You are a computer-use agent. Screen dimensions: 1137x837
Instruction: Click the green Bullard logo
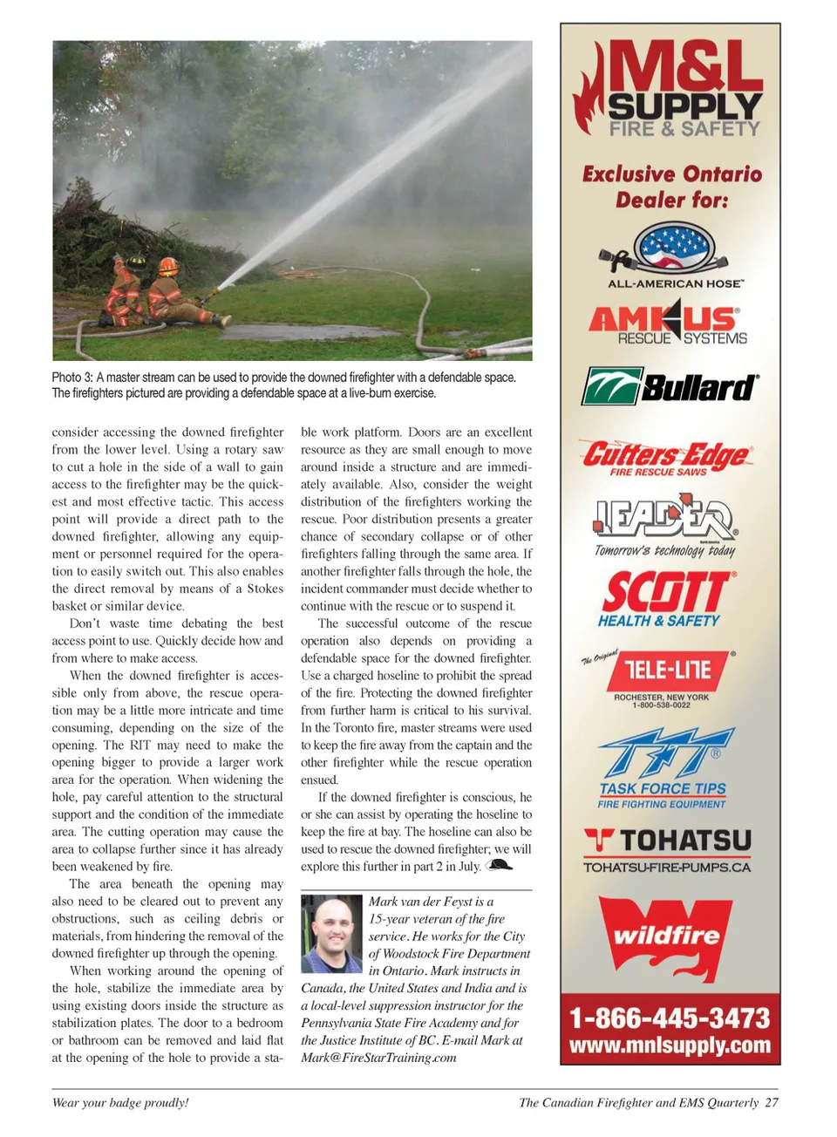670,386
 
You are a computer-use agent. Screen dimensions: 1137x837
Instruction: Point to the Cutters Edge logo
666,457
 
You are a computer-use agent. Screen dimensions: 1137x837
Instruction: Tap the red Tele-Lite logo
667,671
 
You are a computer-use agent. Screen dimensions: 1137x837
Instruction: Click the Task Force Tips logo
664,768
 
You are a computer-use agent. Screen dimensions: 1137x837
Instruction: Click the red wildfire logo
667,936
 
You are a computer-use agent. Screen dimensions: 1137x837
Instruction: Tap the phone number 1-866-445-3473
670,1018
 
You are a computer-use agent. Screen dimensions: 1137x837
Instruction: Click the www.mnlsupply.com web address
670,1045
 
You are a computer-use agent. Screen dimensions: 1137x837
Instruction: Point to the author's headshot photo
331,933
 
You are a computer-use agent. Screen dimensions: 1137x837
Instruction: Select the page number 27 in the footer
772,1102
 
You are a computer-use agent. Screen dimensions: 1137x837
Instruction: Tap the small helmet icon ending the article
499,865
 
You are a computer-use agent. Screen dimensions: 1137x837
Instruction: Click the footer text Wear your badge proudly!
120,1102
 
